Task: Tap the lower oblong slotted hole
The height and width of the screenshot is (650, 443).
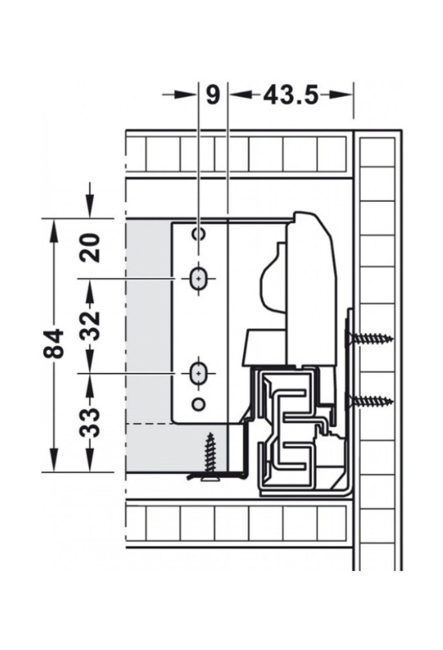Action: pyautogui.click(x=199, y=374)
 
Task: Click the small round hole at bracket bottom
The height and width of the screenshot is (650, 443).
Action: pyautogui.click(x=199, y=404)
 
